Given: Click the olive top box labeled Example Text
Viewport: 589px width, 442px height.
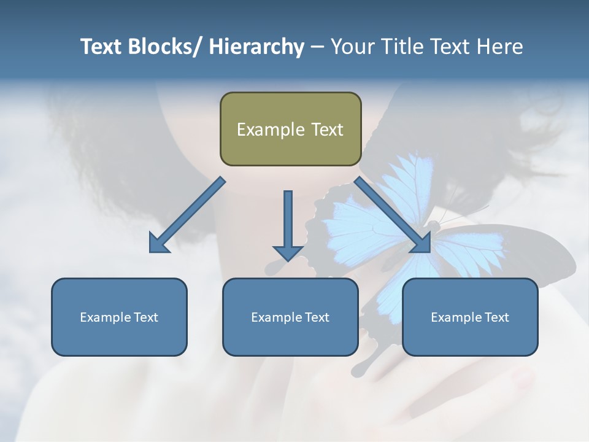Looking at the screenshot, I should coord(290,129).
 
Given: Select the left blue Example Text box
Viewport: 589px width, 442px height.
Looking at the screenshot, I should coord(119,317).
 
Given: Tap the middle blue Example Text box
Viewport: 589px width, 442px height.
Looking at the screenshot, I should coord(290,317).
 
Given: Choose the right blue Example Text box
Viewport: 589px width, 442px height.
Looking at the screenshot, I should coord(470,317).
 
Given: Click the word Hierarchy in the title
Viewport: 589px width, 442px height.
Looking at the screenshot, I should coord(256,47).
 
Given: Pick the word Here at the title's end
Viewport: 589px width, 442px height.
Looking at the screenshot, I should coord(499,47).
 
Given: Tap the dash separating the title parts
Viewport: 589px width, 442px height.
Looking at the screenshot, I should coord(317,47).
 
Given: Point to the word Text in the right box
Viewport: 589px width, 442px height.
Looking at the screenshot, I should coord(496,317).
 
